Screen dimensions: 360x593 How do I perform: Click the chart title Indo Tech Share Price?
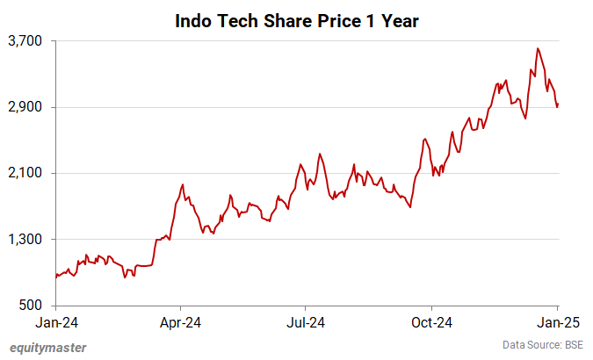coord(296,19)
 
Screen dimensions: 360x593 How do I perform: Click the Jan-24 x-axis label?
coord(56,322)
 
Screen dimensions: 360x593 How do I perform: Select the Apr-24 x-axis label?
coord(180,322)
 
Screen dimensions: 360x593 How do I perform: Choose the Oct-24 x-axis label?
coord(433,322)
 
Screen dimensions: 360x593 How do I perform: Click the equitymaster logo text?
coord(47,348)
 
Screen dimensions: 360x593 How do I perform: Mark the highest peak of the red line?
coord(538,48)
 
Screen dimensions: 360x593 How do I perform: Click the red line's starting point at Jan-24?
coord(56,275)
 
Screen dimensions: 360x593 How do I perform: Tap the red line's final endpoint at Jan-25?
coord(558,104)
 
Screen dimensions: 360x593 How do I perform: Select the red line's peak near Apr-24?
coord(182,184)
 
